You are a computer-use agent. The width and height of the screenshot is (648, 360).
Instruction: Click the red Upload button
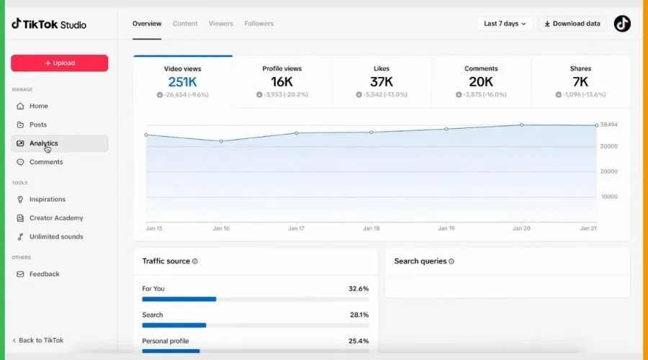[x=60, y=63]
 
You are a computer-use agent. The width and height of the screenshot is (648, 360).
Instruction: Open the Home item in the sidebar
[x=38, y=107]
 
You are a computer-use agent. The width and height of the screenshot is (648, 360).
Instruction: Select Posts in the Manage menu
[x=38, y=125]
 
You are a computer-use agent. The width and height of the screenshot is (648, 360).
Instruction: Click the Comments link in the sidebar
[x=46, y=162]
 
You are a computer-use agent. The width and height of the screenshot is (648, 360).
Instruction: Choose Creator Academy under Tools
[x=56, y=218]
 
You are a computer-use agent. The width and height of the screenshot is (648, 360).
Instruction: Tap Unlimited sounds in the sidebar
[x=56, y=237]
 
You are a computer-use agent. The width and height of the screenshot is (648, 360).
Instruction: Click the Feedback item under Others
[x=44, y=274]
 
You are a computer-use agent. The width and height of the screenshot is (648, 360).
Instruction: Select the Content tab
[x=185, y=24]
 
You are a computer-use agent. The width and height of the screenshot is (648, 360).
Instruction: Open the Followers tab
[x=258, y=24]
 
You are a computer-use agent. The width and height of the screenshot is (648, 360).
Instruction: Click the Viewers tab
[x=221, y=24]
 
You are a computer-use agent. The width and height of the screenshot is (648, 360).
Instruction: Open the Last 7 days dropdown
[x=505, y=24]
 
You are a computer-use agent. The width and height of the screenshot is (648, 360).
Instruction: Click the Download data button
[x=572, y=24]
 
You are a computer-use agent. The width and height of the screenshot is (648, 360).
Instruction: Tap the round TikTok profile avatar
[x=622, y=24]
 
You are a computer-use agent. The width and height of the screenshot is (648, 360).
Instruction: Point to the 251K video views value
[x=182, y=82]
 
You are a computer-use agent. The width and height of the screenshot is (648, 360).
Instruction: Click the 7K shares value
[x=580, y=82]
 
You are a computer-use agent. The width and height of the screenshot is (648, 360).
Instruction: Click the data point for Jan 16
[x=221, y=141]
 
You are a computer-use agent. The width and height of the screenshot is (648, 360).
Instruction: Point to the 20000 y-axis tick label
[x=608, y=171]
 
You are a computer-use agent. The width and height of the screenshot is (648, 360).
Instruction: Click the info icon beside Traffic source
[x=194, y=261]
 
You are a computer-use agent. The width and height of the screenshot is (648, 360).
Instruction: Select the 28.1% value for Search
[x=359, y=315]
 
